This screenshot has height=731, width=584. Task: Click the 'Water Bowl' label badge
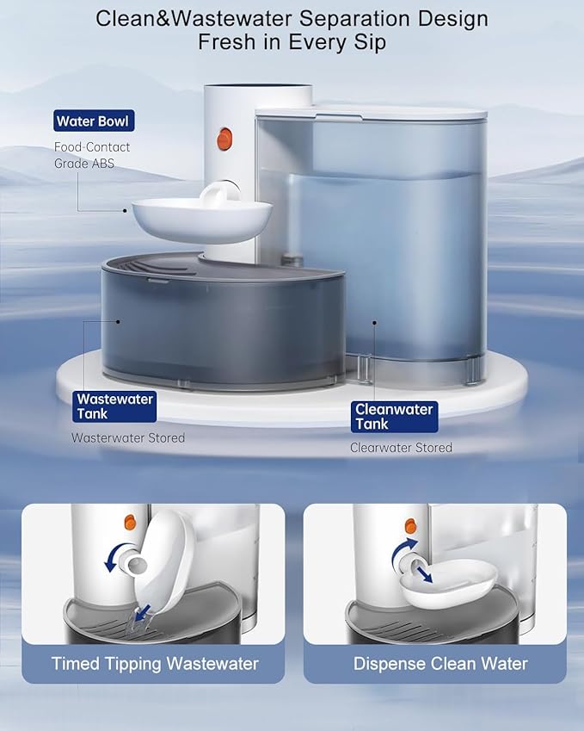pyautogui.click(x=94, y=121)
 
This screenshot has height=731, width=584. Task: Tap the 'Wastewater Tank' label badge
pyautogui.click(x=114, y=406)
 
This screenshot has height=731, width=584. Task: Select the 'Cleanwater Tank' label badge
pyautogui.click(x=395, y=417)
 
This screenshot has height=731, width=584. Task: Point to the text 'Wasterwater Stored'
pyautogui.click(x=128, y=438)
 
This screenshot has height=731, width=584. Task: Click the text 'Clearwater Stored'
pyautogui.click(x=401, y=448)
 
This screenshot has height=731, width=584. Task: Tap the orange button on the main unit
pyautogui.click(x=225, y=139)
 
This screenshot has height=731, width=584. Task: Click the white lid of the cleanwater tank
pyautogui.click(x=372, y=112)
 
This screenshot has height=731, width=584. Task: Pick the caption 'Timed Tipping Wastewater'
pyautogui.click(x=155, y=663)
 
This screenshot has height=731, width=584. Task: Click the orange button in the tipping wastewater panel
pyautogui.click(x=132, y=522)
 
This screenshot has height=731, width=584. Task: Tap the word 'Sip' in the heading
pyautogui.click(x=368, y=42)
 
